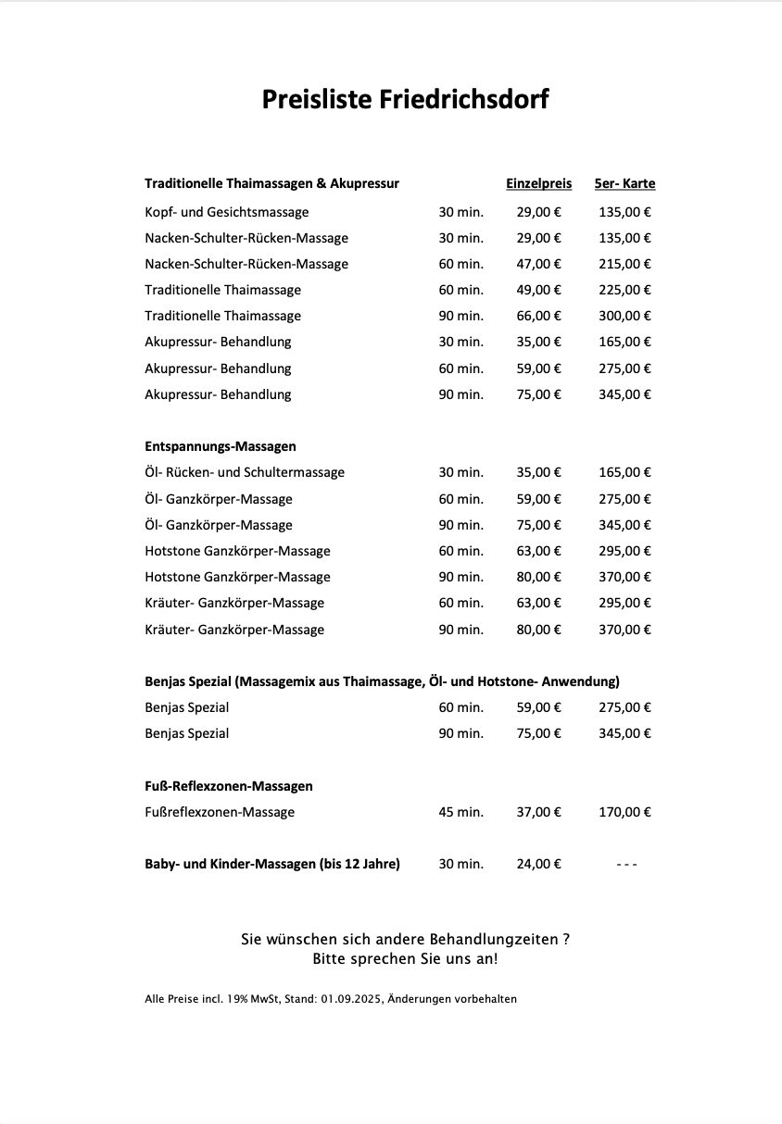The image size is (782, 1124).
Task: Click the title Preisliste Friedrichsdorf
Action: [405, 99]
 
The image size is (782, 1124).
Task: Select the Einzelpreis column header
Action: [538, 183]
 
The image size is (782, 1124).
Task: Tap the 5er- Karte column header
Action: [624, 183]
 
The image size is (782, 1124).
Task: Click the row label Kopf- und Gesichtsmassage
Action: [227, 212]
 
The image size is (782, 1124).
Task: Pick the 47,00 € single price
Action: [538, 264]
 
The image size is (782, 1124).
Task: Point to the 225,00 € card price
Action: [624, 290]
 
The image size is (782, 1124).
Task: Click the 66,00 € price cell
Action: [538, 316]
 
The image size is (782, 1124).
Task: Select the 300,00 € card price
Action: [624, 316]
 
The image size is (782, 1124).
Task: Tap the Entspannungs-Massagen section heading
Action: [221, 446]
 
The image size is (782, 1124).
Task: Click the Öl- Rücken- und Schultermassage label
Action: [245, 472]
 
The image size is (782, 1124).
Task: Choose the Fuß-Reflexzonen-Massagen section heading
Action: [229, 786]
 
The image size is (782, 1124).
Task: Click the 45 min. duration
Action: [460, 812]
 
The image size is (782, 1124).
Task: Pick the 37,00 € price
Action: [538, 812]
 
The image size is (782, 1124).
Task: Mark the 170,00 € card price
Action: [624, 812]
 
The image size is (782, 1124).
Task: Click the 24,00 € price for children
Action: [538, 864]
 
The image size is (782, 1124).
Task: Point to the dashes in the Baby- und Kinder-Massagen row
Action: [626, 864]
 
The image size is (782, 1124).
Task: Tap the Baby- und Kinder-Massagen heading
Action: [272, 864]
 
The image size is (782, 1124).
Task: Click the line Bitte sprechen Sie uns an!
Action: [405, 958]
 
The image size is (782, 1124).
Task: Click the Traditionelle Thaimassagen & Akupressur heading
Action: [271, 183]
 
